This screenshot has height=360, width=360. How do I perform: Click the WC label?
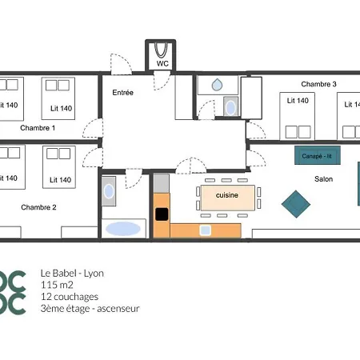coord(162,63)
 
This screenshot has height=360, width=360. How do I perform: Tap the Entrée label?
coord(122,93)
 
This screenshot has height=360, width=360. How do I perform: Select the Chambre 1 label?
coord(38,128)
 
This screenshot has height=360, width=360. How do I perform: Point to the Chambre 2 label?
coord(38,207)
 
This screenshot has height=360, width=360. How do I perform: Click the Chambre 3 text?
coord(318,84)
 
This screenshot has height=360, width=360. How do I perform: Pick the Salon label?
coord(323,179)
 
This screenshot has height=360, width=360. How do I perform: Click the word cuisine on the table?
coord(227,195)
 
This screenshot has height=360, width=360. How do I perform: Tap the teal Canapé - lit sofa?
coord(318,155)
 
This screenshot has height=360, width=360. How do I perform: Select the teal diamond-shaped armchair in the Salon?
coord(296,204)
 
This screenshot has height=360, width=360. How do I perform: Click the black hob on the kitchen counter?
coord(162,214)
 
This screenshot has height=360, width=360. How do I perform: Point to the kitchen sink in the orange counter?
coord(205,230)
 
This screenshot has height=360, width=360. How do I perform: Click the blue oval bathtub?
coord(123,229)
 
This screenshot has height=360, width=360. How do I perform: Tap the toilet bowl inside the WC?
coord(161,50)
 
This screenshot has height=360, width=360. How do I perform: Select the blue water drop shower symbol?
coord(217,85)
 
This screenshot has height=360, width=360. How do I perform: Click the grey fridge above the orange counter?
coord(161,183)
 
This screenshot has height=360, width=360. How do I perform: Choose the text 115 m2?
coord(57,285)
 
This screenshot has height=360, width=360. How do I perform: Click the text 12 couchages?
coord(70,297)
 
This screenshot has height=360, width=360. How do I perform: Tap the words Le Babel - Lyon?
coord(72,274)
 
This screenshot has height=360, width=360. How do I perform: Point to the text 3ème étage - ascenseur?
coord(90,309)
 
